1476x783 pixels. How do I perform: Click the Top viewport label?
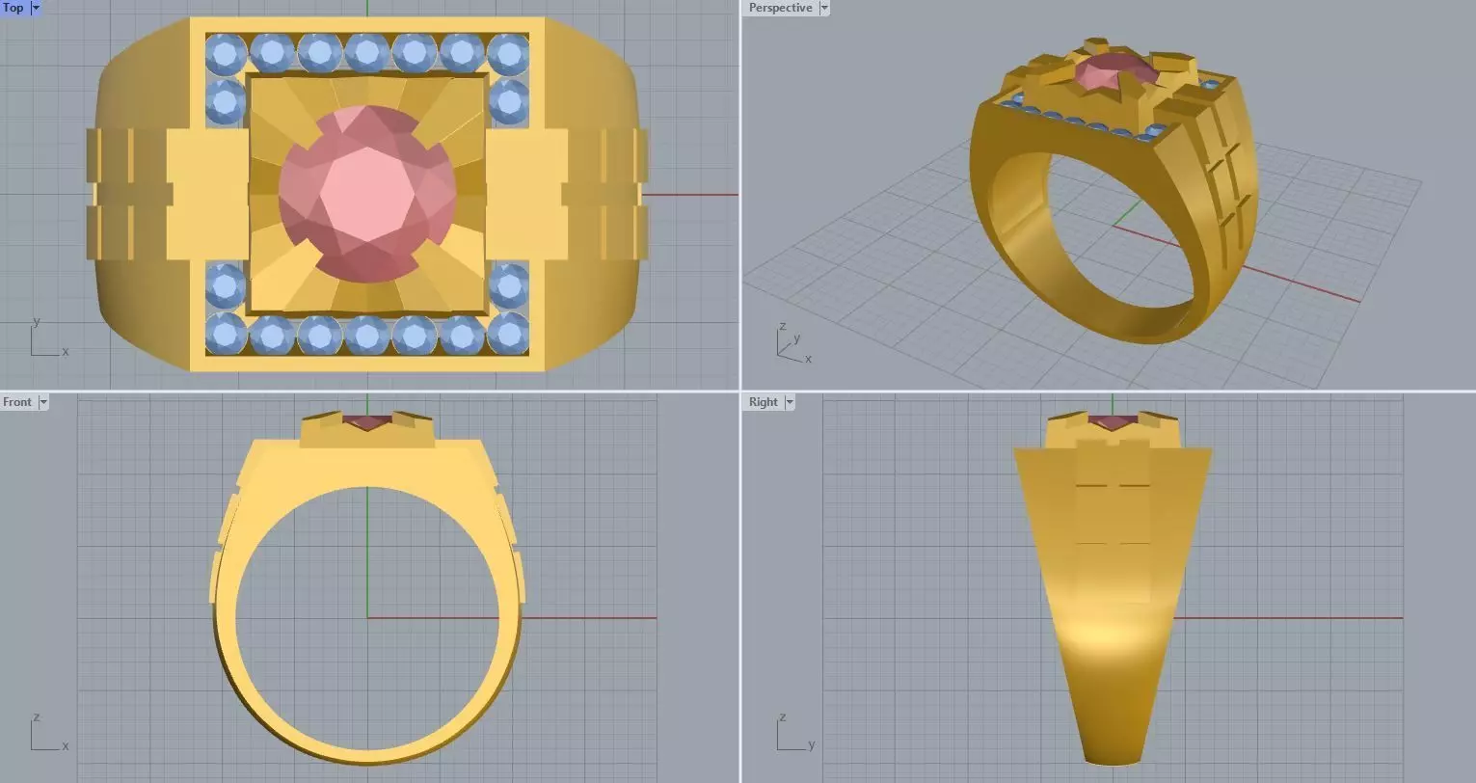pyautogui.click(x=13, y=8)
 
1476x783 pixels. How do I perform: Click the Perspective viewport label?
pyautogui.click(x=780, y=8)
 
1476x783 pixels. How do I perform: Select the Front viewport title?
pyautogui.click(x=17, y=402)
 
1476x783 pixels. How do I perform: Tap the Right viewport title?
pyautogui.click(x=763, y=402)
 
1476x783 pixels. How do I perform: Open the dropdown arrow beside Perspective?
pyautogui.click(x=823, y=8)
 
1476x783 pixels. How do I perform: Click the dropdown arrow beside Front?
pyautogui.click(x=42, y=402)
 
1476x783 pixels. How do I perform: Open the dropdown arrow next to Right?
pyautogui.click(x=789, y=402)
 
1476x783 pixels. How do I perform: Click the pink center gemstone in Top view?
pyautogui.click(x=367, y=194)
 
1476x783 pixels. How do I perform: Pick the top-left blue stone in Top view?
pyautogui.click(x=226, y=54)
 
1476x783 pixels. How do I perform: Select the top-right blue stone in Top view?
pyautogui.click(x=508, y=54)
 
